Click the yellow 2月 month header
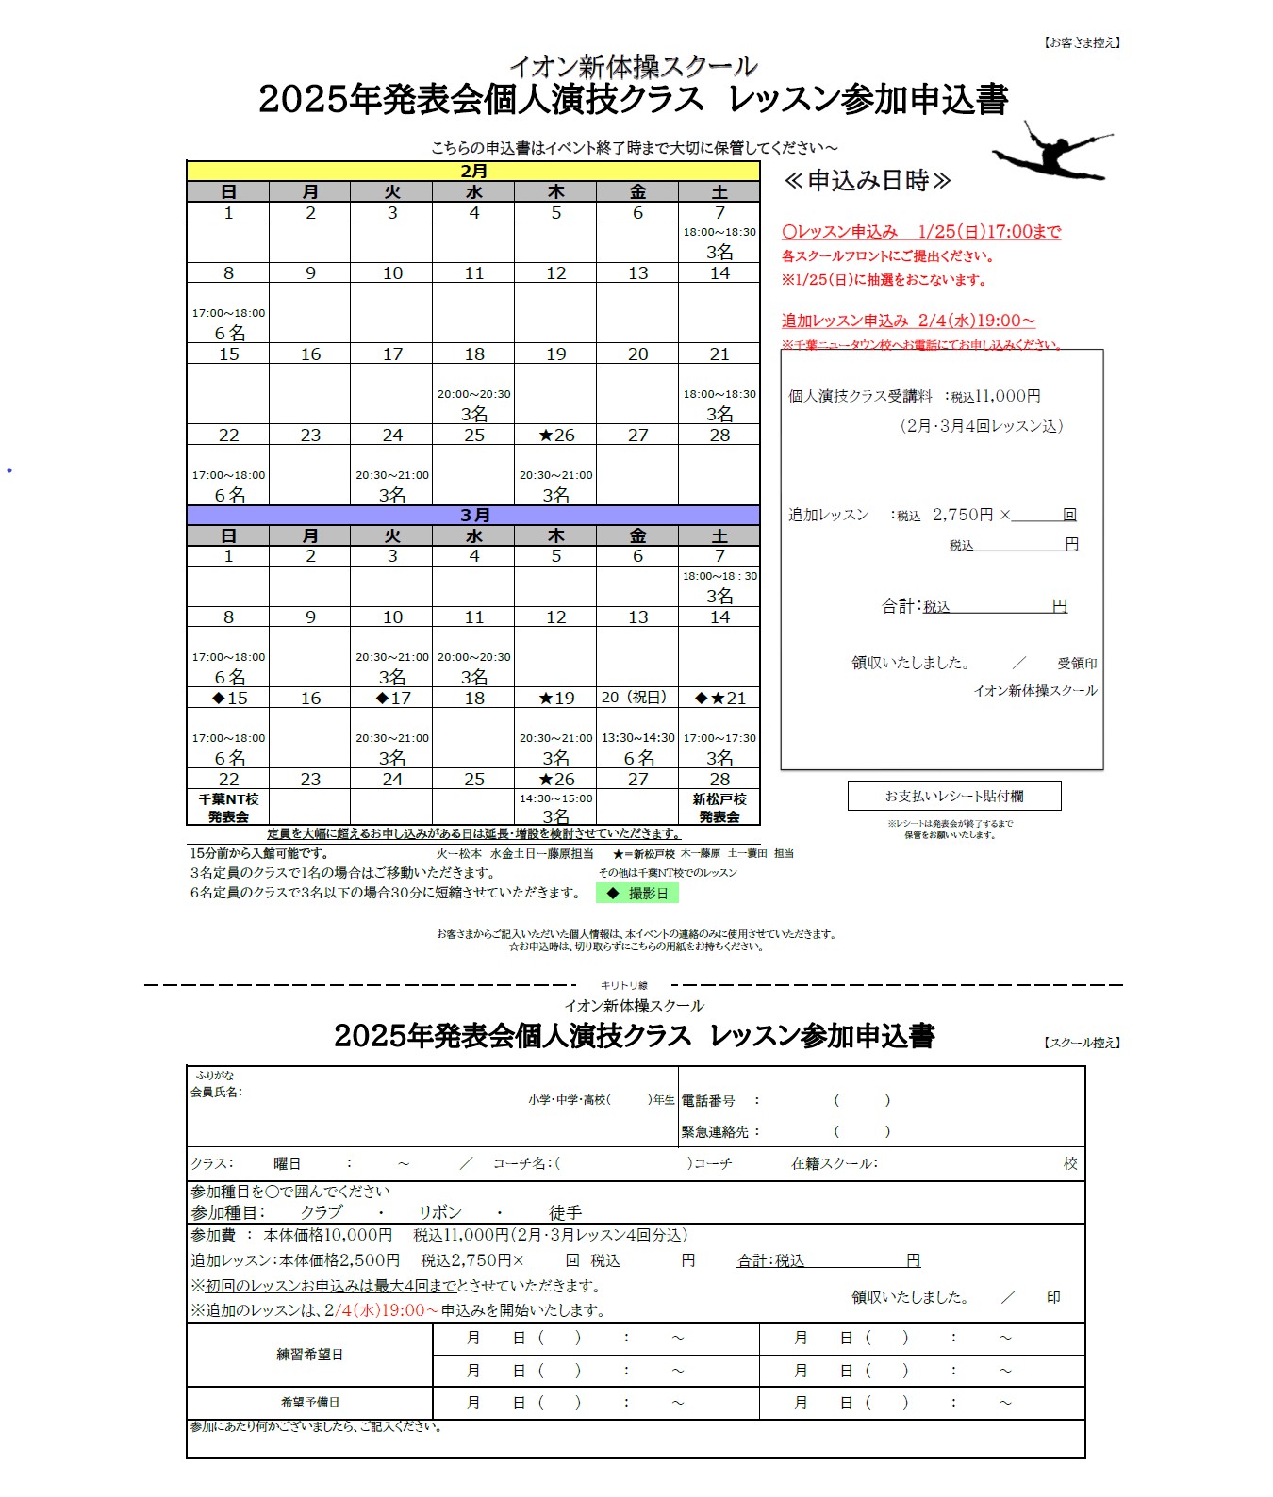point(473,172)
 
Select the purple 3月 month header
point(473,516)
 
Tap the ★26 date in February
point(555,436)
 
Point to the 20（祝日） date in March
point(637,698)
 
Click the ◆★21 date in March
point(719,699)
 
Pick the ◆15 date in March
point(229,699)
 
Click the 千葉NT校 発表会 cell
point(228,808)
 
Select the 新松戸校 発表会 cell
point(719,808)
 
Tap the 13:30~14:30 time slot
point(637,738)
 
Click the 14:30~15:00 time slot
point(555,798)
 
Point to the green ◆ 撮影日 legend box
point(637,893)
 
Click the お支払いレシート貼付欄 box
point(954,797)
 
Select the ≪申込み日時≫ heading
point(867,181)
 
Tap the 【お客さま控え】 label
point(1082,42)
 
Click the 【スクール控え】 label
point(1082,1043)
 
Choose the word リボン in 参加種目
point(440,1212)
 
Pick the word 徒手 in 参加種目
point(566,1212)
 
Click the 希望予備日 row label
point(309,1403)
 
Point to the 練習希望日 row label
point(309,1355)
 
